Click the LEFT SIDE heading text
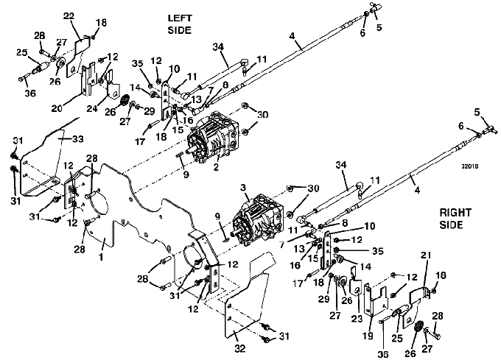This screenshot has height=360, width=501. coord(180,24)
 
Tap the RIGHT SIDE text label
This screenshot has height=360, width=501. coord(455,219)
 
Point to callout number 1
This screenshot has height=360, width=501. coord(101,256)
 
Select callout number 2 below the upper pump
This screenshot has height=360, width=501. coord(216,166)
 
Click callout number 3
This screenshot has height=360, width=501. coord(243,187)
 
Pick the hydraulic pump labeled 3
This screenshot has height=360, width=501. coord(258,220)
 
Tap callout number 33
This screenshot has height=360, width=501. coord(77,139)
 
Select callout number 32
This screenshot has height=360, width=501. coord(240,348)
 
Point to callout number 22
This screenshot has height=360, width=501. coord(69,16)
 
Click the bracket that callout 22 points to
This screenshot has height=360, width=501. coord(79,56)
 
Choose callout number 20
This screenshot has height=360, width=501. coord(57,108)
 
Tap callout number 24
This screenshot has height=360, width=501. coord(92,108)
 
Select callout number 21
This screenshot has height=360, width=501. coord(425,255)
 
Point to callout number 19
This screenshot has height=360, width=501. coord(368,336)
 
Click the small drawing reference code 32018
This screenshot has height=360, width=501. coord(470,166)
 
